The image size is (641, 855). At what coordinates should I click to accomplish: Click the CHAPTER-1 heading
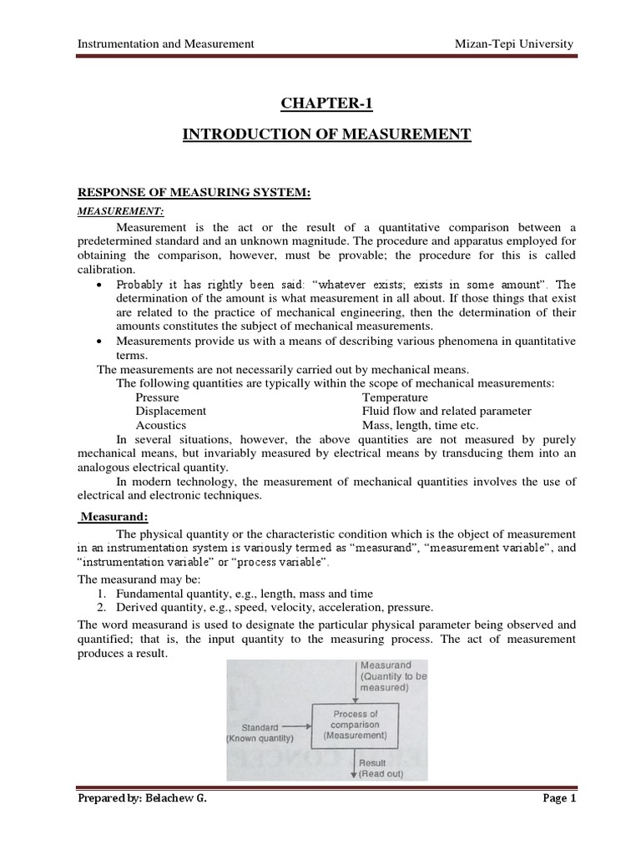tap(326, 103)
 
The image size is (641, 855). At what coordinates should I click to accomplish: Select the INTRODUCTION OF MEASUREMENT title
tap(326, 134)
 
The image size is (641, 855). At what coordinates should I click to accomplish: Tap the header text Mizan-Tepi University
tap(512, 44)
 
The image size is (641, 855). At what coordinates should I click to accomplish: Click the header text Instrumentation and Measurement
tap(165, 44)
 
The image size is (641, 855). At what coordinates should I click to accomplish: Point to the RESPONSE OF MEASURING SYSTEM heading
tap(194, 193)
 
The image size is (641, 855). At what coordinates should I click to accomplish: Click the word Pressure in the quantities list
tap(157, 397)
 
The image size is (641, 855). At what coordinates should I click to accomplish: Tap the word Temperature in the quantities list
tap(395, 397)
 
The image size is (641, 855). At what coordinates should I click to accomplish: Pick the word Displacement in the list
tap(170, 411)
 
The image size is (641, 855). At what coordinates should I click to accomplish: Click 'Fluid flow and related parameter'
tap(447, 411)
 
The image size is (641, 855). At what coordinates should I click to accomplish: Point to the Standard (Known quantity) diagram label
tap(260, 732)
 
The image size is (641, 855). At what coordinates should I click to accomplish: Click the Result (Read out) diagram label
tap(381, 768)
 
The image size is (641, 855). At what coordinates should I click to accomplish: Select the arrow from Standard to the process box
tap(297, 726)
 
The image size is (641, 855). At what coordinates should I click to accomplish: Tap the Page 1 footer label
tap(559, 798)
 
